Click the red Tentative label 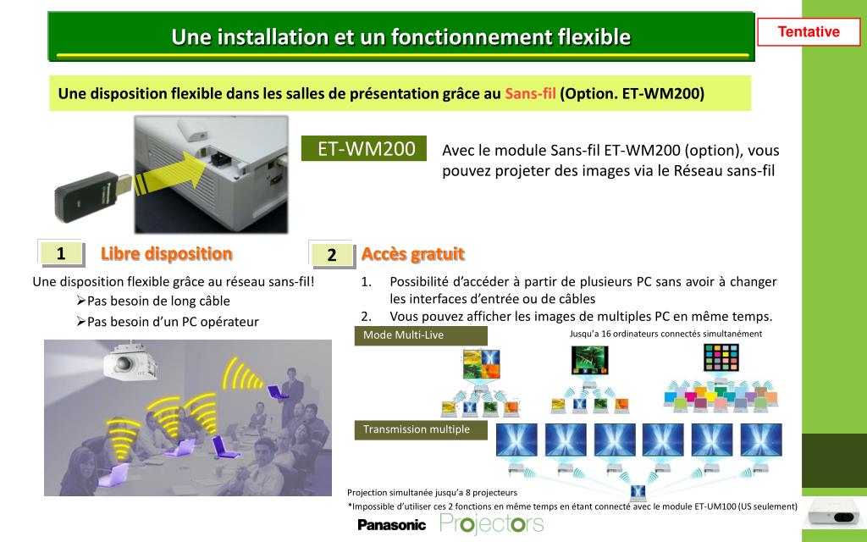point(809,31)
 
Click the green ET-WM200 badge point(364,148)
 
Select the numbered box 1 point(61,253)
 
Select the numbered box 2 point(332,254)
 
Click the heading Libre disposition point(167,253)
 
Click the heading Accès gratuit point(412,254)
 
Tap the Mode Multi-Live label point(421,335)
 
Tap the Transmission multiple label point(421,429)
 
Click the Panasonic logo point(391,525)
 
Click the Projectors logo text point(492,523)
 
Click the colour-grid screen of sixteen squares point(721,357)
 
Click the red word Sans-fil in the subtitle point(530,93)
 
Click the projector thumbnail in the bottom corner point(833,512)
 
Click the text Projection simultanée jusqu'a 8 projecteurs point(433,492)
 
